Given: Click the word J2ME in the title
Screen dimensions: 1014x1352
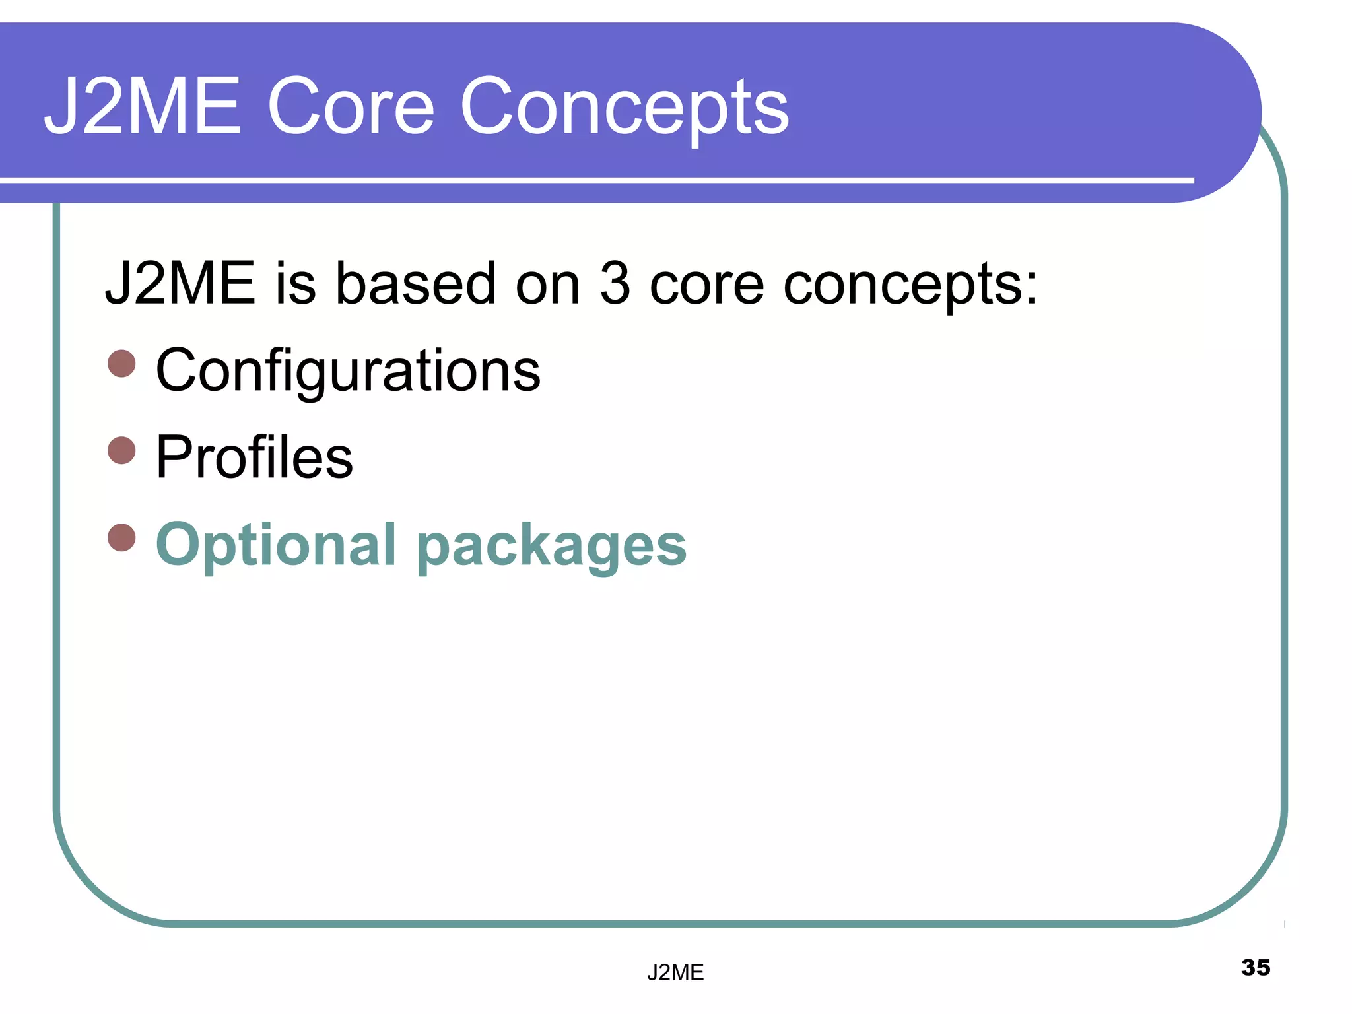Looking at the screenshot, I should [x=142, y=106].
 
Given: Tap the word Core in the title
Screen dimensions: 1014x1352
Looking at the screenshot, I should [x=351, y=106].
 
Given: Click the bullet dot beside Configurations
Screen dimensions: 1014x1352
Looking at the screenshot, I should [x=121, y=363].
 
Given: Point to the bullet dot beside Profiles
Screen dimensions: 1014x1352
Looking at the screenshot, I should [x=121, y=450].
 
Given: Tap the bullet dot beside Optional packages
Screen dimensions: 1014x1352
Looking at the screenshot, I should [x=121, y=537].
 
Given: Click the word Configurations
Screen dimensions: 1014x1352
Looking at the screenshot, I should [x=348, y=371].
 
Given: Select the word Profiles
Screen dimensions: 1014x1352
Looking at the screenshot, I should [x=254, y=457].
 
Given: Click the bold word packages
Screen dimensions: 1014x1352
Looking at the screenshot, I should [x=552, y=548].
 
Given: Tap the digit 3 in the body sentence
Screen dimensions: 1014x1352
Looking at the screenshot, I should [x=614, y=284].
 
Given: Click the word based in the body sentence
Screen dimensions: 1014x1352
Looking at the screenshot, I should [x=415, y=284].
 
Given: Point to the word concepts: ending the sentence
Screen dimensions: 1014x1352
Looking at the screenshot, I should [x=910, y=286].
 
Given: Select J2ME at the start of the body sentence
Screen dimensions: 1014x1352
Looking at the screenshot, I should [x=180, y=284].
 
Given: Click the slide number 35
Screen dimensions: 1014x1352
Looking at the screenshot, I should [x=1256, y=968].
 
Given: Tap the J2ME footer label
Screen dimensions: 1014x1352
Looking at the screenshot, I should [x=675, y=972].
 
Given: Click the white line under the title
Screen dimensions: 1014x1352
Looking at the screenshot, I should [x=594, y=180].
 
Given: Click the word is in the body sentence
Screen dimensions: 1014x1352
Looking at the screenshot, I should [x=295, y=284].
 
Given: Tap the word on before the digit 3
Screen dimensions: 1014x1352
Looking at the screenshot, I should [x=547, y=286].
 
